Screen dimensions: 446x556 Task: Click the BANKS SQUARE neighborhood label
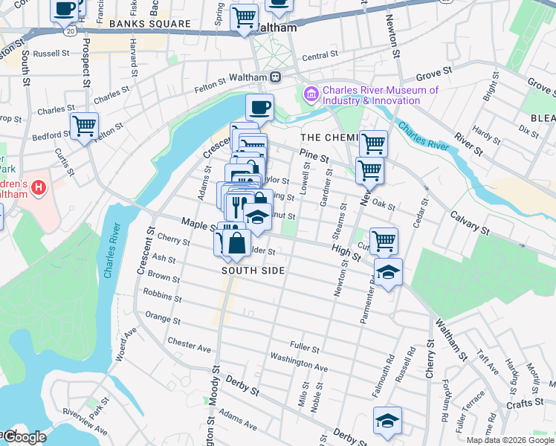tap(149, 24)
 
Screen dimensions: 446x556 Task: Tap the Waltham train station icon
tap(276, 76)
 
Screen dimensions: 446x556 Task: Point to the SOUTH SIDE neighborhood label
tap(253, 271)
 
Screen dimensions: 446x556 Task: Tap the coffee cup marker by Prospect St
tap(65, 9)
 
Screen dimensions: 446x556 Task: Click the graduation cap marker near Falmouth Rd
tap(387, 420)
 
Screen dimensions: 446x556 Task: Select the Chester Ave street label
tap(190, 345)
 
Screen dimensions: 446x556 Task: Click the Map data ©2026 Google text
tap(510, 440)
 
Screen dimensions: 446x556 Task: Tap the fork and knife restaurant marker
tap(236, 205)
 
